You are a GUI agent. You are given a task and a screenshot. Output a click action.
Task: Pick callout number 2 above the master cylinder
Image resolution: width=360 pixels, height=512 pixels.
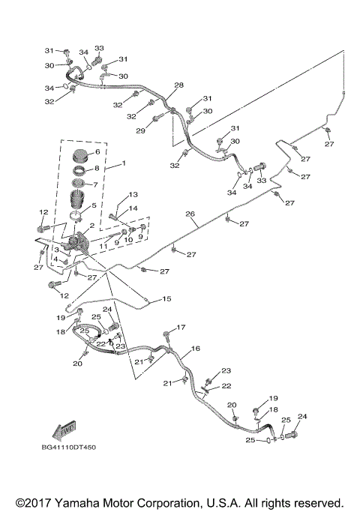[91, 225]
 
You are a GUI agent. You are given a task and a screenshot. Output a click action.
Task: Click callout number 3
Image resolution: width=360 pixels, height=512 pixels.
[57, 250]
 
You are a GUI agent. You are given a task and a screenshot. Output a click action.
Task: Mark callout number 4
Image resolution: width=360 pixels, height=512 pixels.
[56, 259]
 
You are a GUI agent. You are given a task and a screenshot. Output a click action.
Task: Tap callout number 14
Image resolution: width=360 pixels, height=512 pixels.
[133, 208]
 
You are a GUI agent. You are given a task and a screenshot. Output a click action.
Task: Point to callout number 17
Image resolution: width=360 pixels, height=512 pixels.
[180, 328]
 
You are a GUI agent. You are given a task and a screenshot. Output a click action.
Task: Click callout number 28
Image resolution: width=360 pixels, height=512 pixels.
[179, 85]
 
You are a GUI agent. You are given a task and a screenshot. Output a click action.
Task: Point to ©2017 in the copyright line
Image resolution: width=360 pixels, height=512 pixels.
[34, 502]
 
